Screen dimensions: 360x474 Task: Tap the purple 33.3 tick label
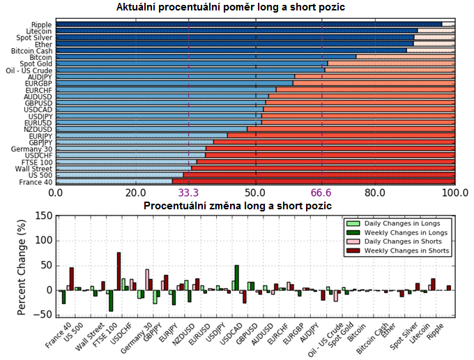189,193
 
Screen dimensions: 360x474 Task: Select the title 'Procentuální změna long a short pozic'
237,206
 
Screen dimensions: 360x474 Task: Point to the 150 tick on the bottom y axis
44,216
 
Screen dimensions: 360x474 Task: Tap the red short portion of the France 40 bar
314,182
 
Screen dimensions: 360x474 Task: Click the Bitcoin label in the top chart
39,57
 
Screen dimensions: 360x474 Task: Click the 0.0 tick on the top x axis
55,193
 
